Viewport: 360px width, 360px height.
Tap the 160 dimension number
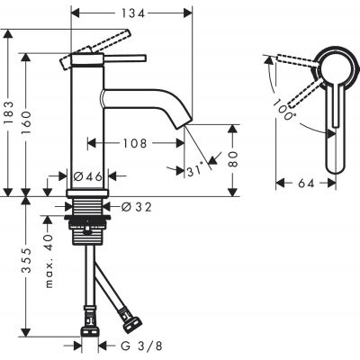pos(31,118)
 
